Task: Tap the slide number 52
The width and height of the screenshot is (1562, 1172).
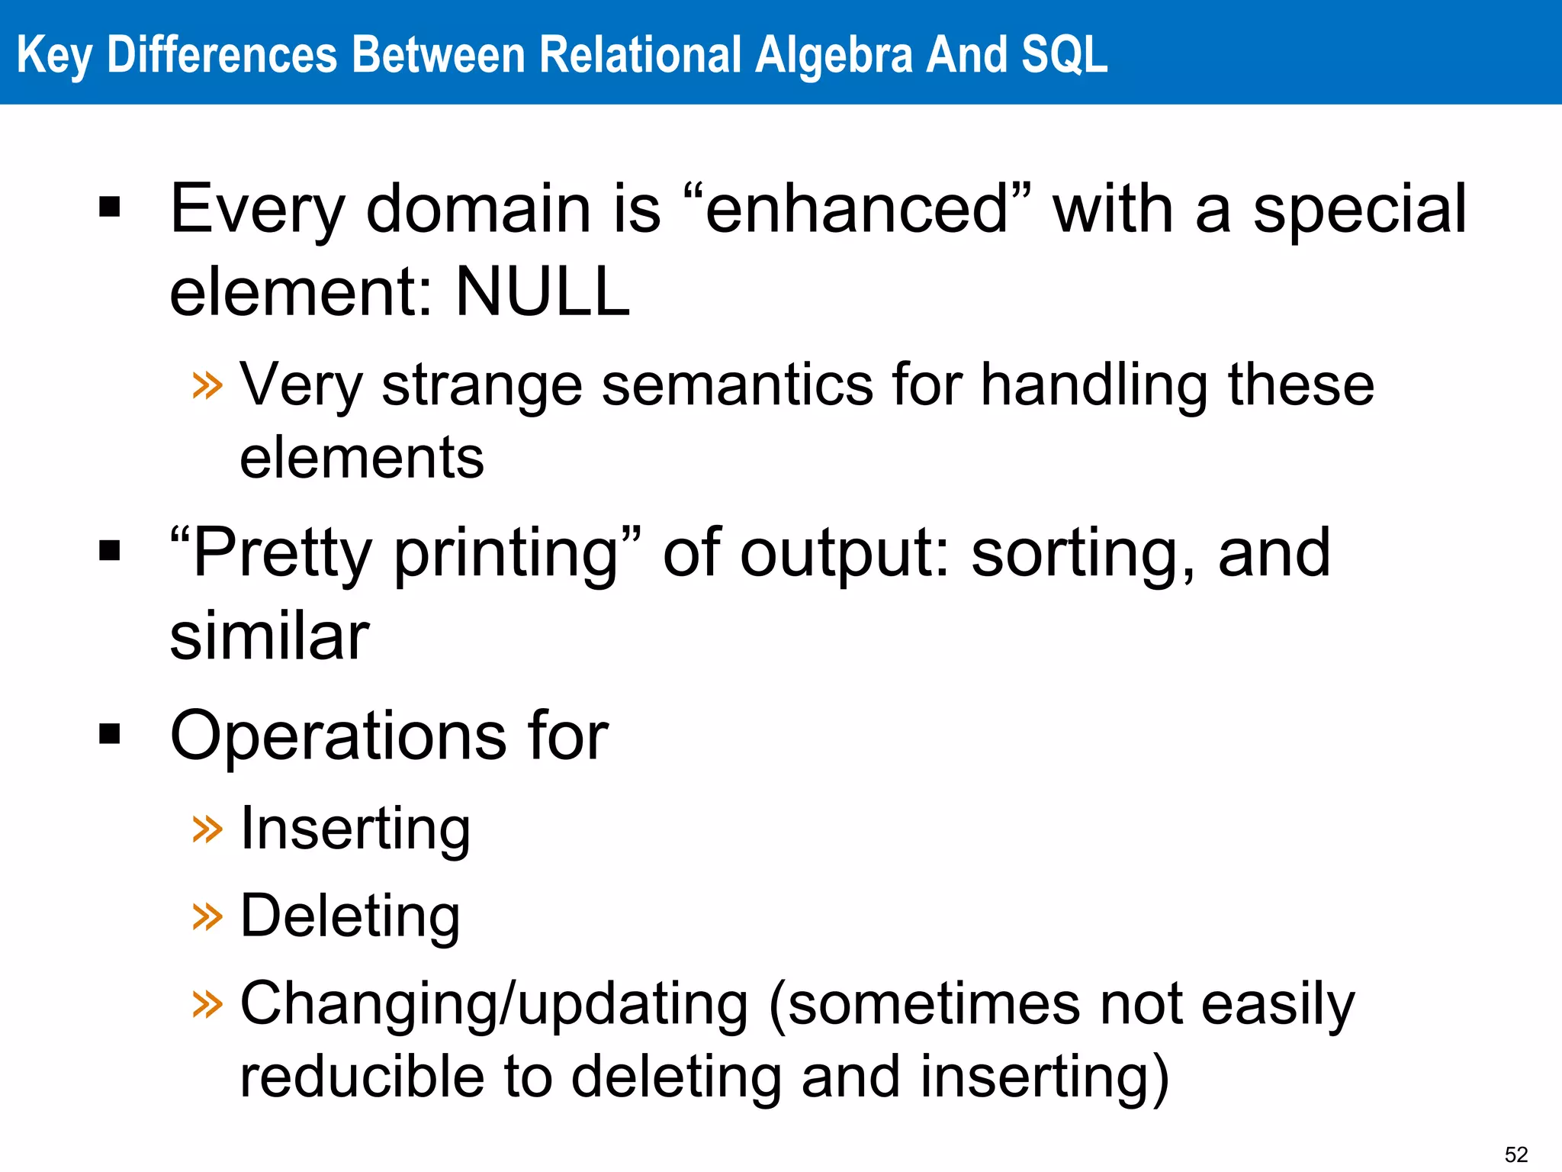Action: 1516,1154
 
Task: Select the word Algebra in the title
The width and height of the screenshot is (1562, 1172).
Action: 834,55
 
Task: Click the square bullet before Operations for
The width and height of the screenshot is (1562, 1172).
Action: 110,734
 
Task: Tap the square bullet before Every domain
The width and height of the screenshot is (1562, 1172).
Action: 110,207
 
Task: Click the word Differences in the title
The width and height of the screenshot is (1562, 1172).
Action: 222,55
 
